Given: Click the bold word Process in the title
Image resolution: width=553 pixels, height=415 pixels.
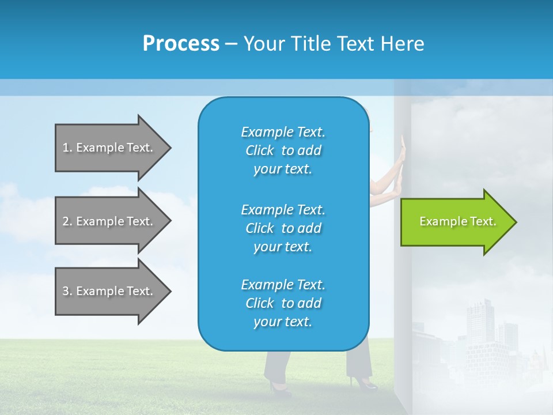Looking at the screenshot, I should tap(181, 44).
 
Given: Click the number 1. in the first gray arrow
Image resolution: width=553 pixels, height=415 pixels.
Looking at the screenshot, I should tap(67, 148).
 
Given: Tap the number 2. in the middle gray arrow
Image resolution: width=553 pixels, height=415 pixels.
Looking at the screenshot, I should tap(67, 221).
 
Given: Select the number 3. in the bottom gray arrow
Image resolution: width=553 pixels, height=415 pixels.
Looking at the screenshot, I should tap(67, 291).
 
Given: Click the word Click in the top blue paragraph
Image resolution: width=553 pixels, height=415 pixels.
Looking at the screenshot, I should tap(260, 151).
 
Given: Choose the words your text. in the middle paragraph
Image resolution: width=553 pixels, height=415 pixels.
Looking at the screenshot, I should tap(282, 247).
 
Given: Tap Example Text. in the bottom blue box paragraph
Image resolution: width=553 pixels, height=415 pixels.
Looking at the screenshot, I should tap(283, 285).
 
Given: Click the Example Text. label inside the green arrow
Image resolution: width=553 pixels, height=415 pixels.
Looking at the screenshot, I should tap(457, 221).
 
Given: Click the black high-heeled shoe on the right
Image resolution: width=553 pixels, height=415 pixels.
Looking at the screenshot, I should tap(364, 382).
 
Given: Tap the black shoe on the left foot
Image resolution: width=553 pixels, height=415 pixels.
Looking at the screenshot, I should tap(280, 388).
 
